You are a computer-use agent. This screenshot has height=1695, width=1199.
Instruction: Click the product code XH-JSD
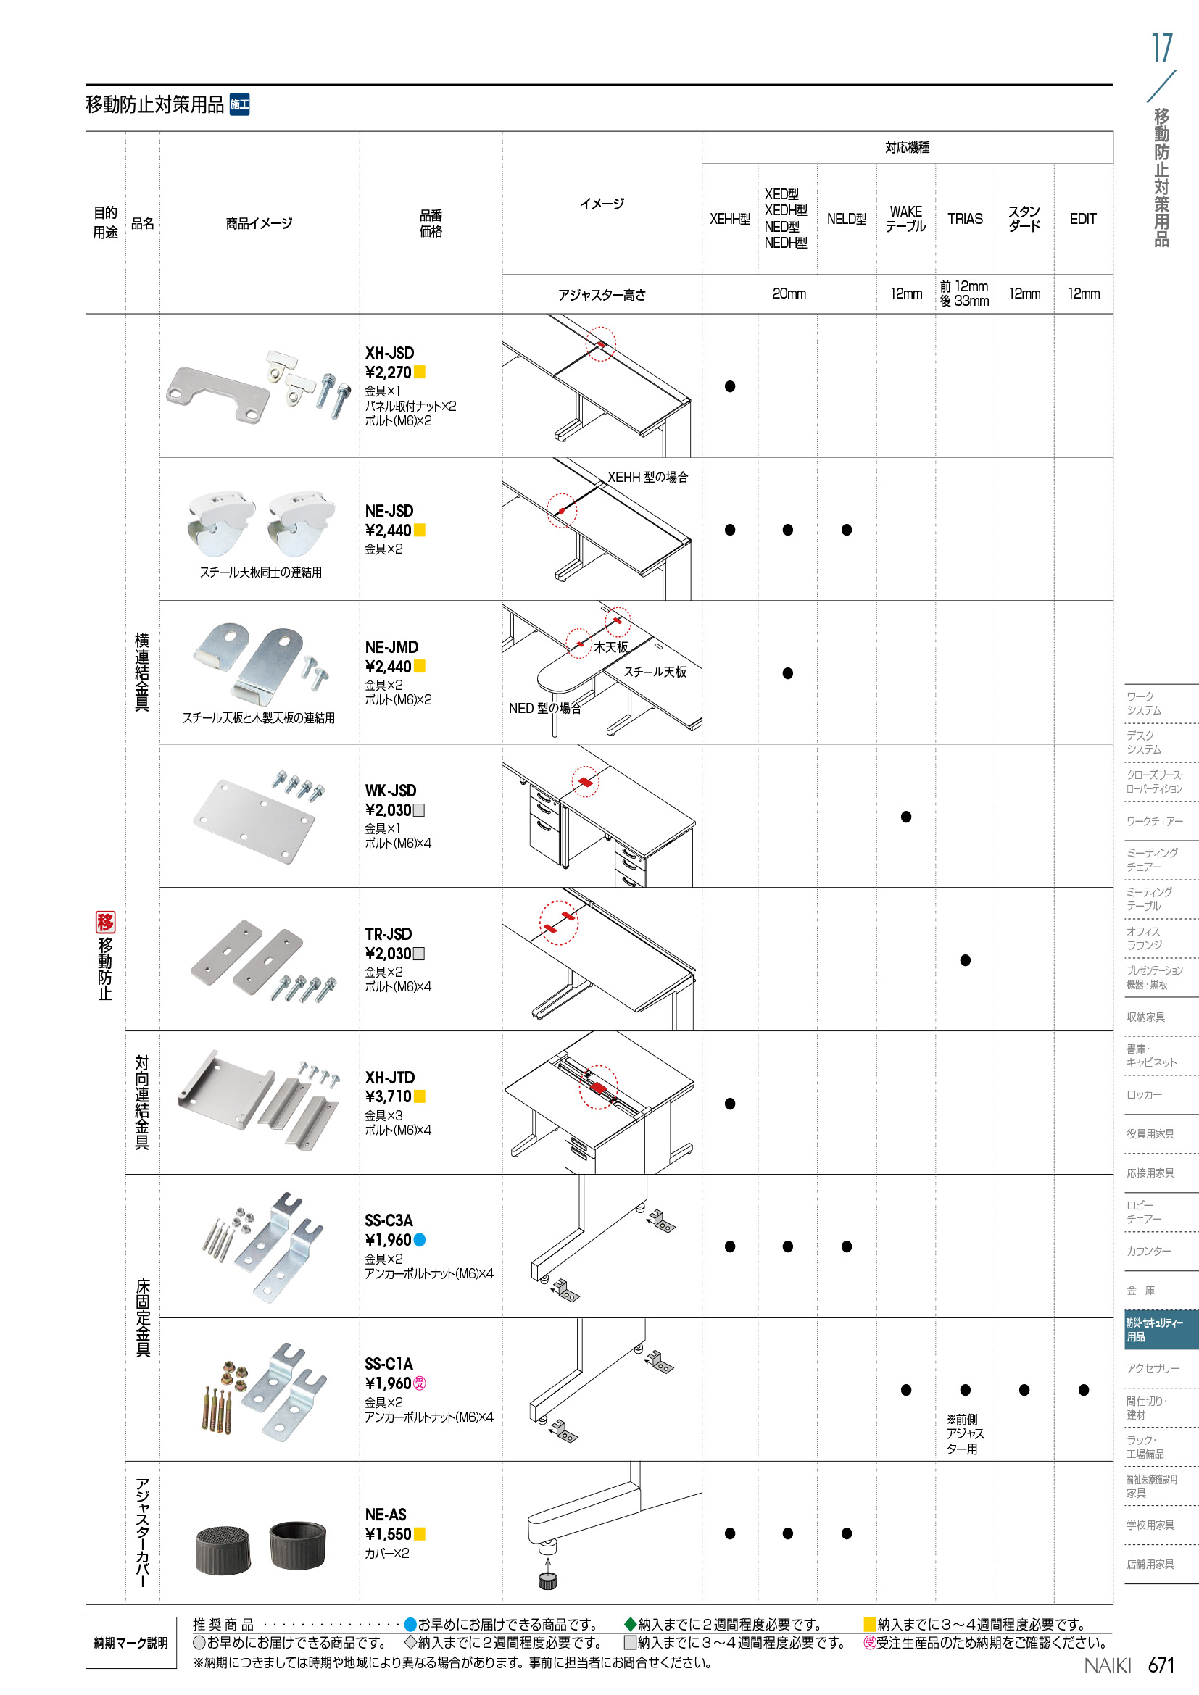coord(389,353)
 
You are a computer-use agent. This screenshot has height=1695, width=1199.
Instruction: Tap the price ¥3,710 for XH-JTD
coord(388,1096)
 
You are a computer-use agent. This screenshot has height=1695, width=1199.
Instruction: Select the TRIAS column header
coord(965,219)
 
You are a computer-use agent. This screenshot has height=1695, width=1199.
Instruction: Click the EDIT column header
coord(1083,219)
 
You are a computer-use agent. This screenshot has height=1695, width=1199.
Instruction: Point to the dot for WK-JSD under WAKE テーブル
coord(906,817)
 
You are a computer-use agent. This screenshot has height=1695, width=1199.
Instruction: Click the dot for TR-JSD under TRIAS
coord(965,960)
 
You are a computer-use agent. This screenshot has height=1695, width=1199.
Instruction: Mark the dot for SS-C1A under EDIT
coord(1083,1390)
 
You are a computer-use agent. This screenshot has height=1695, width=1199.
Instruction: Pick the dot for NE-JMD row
coord(788,673)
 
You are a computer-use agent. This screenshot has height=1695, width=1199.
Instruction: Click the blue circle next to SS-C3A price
coord(419,1240)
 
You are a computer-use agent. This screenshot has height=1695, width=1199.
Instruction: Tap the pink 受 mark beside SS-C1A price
coord(419,1383)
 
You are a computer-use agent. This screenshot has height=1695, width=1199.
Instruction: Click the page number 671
coord(1161,1665)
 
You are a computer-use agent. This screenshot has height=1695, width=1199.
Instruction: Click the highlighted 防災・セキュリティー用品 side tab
coord(1160,1330)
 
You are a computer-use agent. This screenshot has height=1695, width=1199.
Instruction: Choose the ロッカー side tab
coord(1145,1095)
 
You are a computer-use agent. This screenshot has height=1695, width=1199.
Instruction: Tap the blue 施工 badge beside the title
coord(239,105)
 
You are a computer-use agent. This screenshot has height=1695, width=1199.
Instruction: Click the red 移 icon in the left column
coord(106,921)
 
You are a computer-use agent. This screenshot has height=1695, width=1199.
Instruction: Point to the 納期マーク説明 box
coord(130,1643)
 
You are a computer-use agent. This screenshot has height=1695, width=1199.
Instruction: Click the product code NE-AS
coord(386,1514)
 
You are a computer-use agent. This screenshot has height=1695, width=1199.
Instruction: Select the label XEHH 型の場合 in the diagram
coord(647,477)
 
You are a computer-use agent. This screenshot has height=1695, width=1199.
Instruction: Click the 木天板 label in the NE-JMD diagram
coord(610,646)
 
